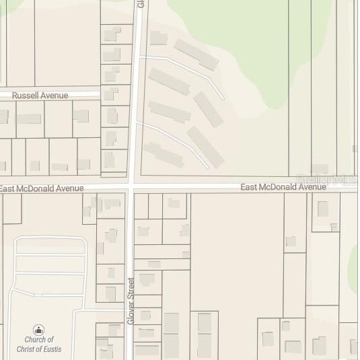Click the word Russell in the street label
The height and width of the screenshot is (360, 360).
(26, 96)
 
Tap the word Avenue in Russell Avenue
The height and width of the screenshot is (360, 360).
(55, 96)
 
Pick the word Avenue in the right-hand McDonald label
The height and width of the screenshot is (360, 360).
(312, 186)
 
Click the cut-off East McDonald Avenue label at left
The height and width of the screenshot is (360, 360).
(42, 188)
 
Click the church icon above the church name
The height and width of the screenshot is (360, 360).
(39, 330)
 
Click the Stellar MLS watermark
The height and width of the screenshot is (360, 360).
(328, 180)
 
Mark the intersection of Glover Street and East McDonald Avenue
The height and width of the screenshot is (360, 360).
(131, 184)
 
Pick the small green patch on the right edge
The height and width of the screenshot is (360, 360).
(354, 259)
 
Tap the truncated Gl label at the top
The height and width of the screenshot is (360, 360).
(141, 3)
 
